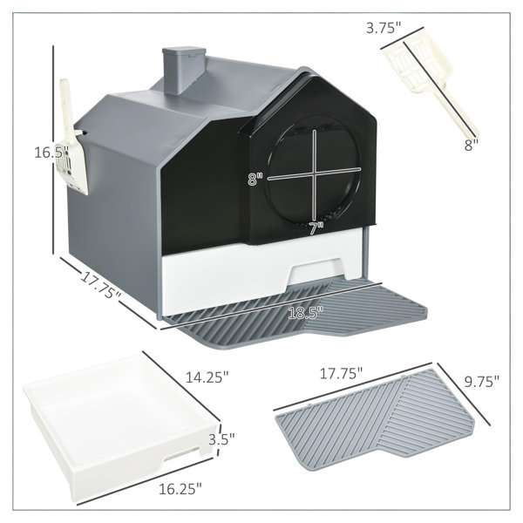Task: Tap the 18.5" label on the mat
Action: click(x=306, y=313)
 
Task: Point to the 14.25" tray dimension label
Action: click(x=207, y=377)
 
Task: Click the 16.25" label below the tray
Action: click(x=180, y=489)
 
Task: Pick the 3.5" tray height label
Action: click(x=221, y=439)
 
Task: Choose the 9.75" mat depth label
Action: click(x=482, y=381)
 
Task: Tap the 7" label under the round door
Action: click(x=316, y=228)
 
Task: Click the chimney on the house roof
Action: click(x=183, y=70)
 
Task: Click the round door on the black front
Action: click(x=314, y=173)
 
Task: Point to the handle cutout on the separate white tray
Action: click(x=182, y=455)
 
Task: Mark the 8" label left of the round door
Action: click(x=255, y=179)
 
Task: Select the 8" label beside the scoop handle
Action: click(x=472, y=145)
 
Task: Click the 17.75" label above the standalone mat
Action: click(x=341, y=373)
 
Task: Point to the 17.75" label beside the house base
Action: click(x=101, y=284)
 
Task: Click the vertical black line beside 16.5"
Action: click(x=53, y=150)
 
